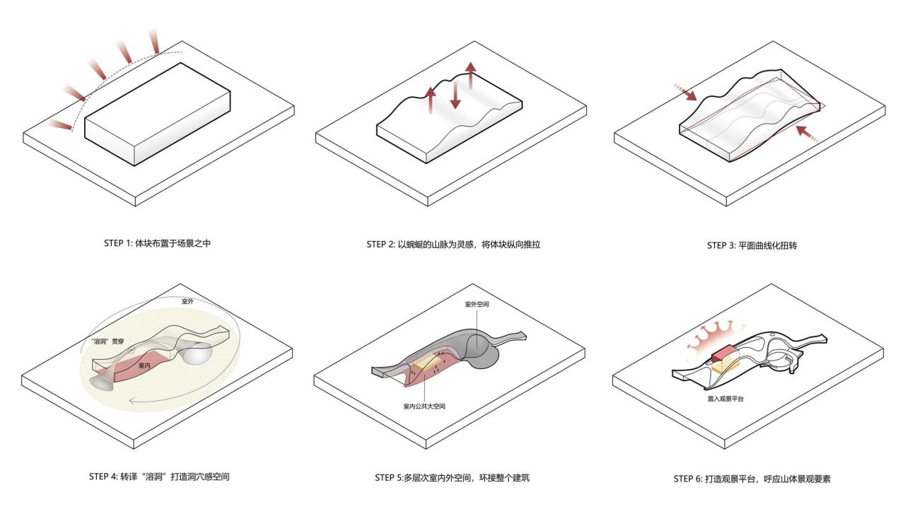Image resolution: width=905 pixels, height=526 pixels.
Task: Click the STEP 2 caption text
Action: click(x=453, y=245)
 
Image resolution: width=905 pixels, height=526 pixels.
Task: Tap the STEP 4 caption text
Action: click(x=159, y=477)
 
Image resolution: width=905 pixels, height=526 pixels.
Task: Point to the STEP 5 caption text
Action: click(x=452, y=478)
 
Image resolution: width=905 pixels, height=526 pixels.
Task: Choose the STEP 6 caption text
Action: click(x=752, y=479)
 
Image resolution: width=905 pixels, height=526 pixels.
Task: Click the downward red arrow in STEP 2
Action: click(x=455, y=94)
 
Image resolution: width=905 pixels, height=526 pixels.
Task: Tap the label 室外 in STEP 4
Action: click(x=187, y=301)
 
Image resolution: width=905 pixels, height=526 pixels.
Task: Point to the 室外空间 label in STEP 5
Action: click(x=477, y=304)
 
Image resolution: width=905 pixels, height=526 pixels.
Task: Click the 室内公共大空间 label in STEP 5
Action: click(x=424, y=407)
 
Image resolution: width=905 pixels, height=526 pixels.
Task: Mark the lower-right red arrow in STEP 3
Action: click(x=806, y=134)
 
